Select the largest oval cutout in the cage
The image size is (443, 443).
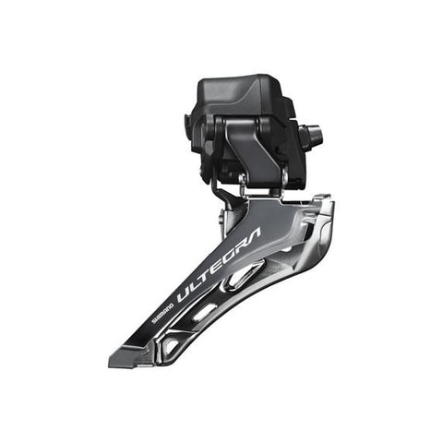click(245, 275)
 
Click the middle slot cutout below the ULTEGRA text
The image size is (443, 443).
click(205, 312)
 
